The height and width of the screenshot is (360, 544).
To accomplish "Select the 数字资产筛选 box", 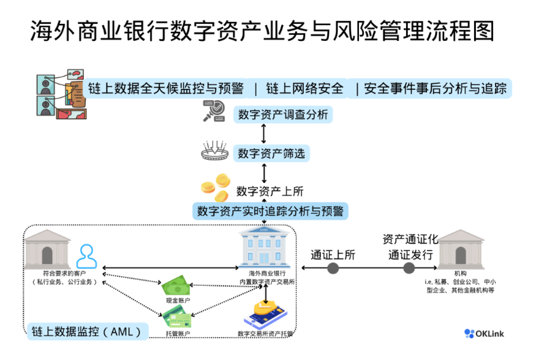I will [x=271, y=154].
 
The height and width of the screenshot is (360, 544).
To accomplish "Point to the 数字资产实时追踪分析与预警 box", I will [x=270, y=210].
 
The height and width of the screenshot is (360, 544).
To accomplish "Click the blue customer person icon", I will [x=86, y=257].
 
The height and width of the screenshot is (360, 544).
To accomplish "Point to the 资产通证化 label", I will [x=410, y=239].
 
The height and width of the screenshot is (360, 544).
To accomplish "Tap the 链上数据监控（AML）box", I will [x=89, y=331].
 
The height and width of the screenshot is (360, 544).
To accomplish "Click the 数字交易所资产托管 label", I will [x=266, y=333].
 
